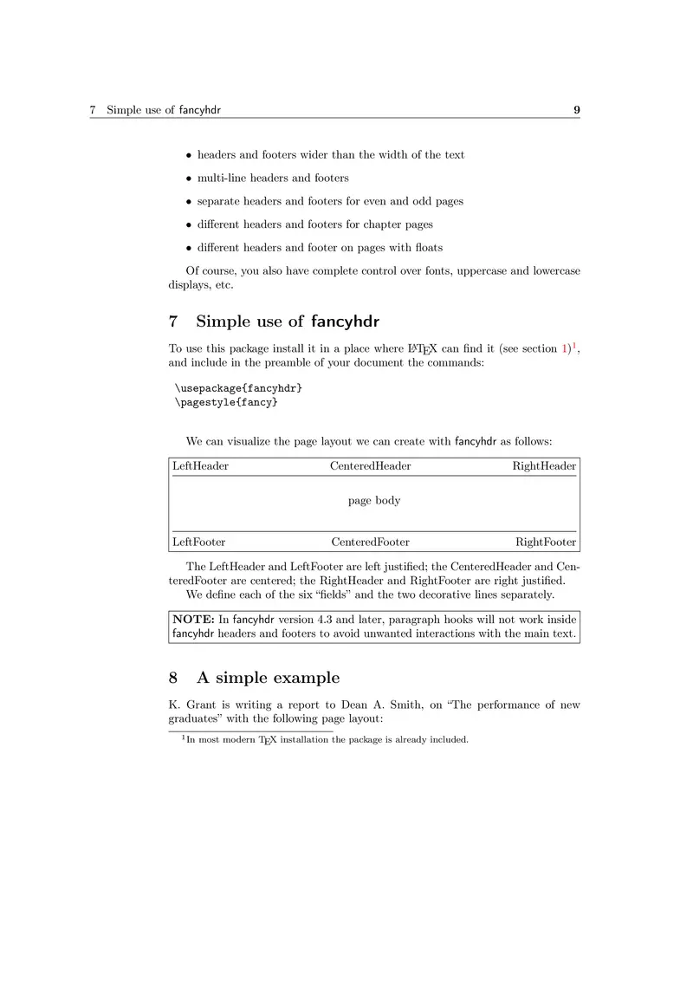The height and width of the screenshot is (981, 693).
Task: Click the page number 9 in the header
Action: [x=576, y=111]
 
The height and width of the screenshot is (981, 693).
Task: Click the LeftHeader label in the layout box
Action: [x=200, y=466]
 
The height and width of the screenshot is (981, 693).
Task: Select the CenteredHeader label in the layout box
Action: [x=371, y=466]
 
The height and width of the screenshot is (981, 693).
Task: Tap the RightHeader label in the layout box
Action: [x=544, y=466]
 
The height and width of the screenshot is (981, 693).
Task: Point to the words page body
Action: [x=374, y=500]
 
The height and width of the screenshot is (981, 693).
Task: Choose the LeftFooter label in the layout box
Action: [x=198, y=542]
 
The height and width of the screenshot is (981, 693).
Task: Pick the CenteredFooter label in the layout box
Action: [x=371, y=542]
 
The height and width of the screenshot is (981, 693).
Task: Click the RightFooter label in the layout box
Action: [x=546, y=542]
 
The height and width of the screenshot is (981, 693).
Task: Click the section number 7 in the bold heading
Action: [x=174, y=322]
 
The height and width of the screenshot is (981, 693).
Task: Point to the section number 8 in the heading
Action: [x=174, y=678]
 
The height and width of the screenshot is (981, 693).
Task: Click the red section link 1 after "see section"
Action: [x=565, y=348]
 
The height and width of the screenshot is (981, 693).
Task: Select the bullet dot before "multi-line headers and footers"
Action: [x=189, y=179]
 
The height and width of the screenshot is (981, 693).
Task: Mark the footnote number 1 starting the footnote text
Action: [x=183, y=737]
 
